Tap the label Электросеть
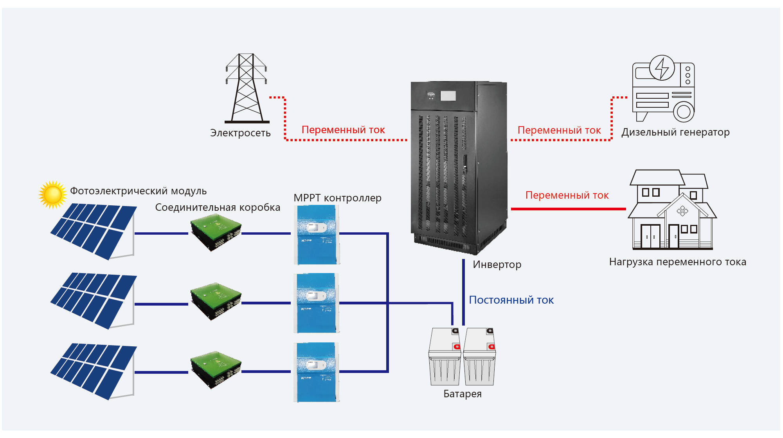coord(240,133)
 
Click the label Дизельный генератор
coord(675,132)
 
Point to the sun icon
coord(52,194)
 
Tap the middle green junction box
coord(216,301)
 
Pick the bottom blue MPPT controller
coord(317,372)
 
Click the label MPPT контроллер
coord(337,198)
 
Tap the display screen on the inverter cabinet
coord(448,96)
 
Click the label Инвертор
coord(497,265)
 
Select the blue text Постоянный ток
coord(511,300)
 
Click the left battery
coord(445,357)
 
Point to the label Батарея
coord(463,394)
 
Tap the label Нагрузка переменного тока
coord(677,262)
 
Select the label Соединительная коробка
coord(218,208)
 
